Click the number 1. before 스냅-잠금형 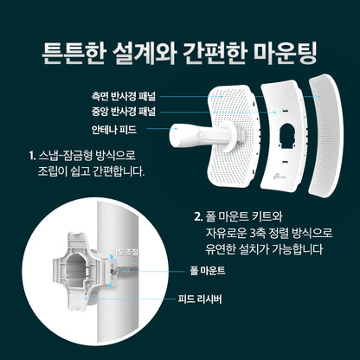[31, 156]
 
